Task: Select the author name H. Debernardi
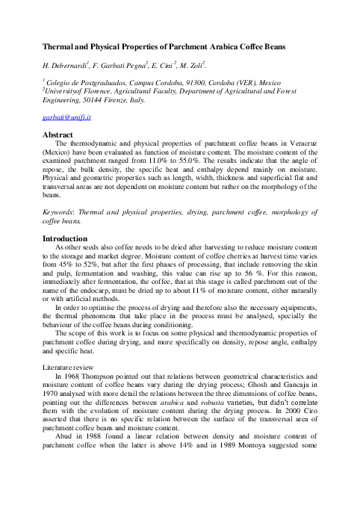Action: click(63, 66)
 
